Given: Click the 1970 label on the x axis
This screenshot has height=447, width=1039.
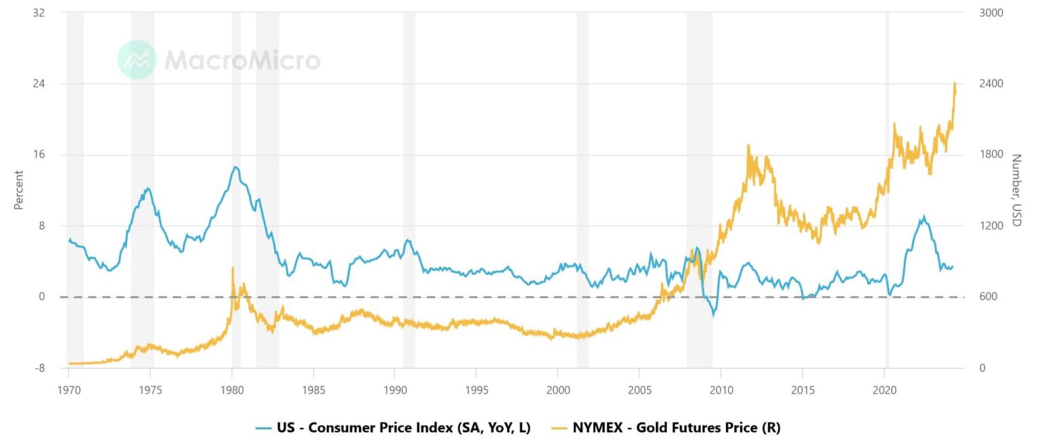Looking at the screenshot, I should pos(68,391).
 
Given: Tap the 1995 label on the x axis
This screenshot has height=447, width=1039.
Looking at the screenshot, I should pos(476,391).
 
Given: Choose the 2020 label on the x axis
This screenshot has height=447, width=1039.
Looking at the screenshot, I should pos(884,391).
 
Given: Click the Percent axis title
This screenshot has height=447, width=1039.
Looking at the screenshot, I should pos(18,190).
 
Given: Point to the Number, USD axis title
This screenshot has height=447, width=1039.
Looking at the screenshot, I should pos(1016,190).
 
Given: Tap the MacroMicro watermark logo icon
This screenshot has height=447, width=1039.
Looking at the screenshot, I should pos(137,60).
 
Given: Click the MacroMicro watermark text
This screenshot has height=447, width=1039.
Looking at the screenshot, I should pos(242,60).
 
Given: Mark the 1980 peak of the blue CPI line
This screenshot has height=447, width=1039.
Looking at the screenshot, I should pos(235,167).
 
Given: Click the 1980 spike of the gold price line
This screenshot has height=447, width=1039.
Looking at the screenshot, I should pos(233,268).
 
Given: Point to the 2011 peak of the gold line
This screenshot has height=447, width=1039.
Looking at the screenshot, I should pos(748,145).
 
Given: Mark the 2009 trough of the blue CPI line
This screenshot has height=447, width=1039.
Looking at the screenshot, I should pos(712,315).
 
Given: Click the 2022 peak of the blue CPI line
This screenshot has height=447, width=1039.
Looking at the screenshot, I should pos(923,217).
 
